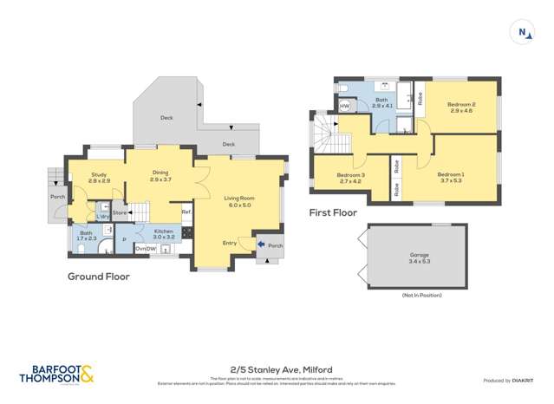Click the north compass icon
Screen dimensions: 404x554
click(x=522, y=33)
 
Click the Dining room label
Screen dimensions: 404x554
click(x=161, y=175)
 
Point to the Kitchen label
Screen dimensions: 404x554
click(x=164, y=232)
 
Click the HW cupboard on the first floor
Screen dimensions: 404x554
click(x=344, y=106)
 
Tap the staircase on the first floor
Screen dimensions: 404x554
click(x=327, y=134)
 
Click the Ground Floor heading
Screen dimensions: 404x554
click(x=99, y=277)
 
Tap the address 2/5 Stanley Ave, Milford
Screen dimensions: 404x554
click(x=277, y=369)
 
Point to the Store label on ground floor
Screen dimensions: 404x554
click(x=120, y=212)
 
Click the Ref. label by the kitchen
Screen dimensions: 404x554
click(x=186, y=212)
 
